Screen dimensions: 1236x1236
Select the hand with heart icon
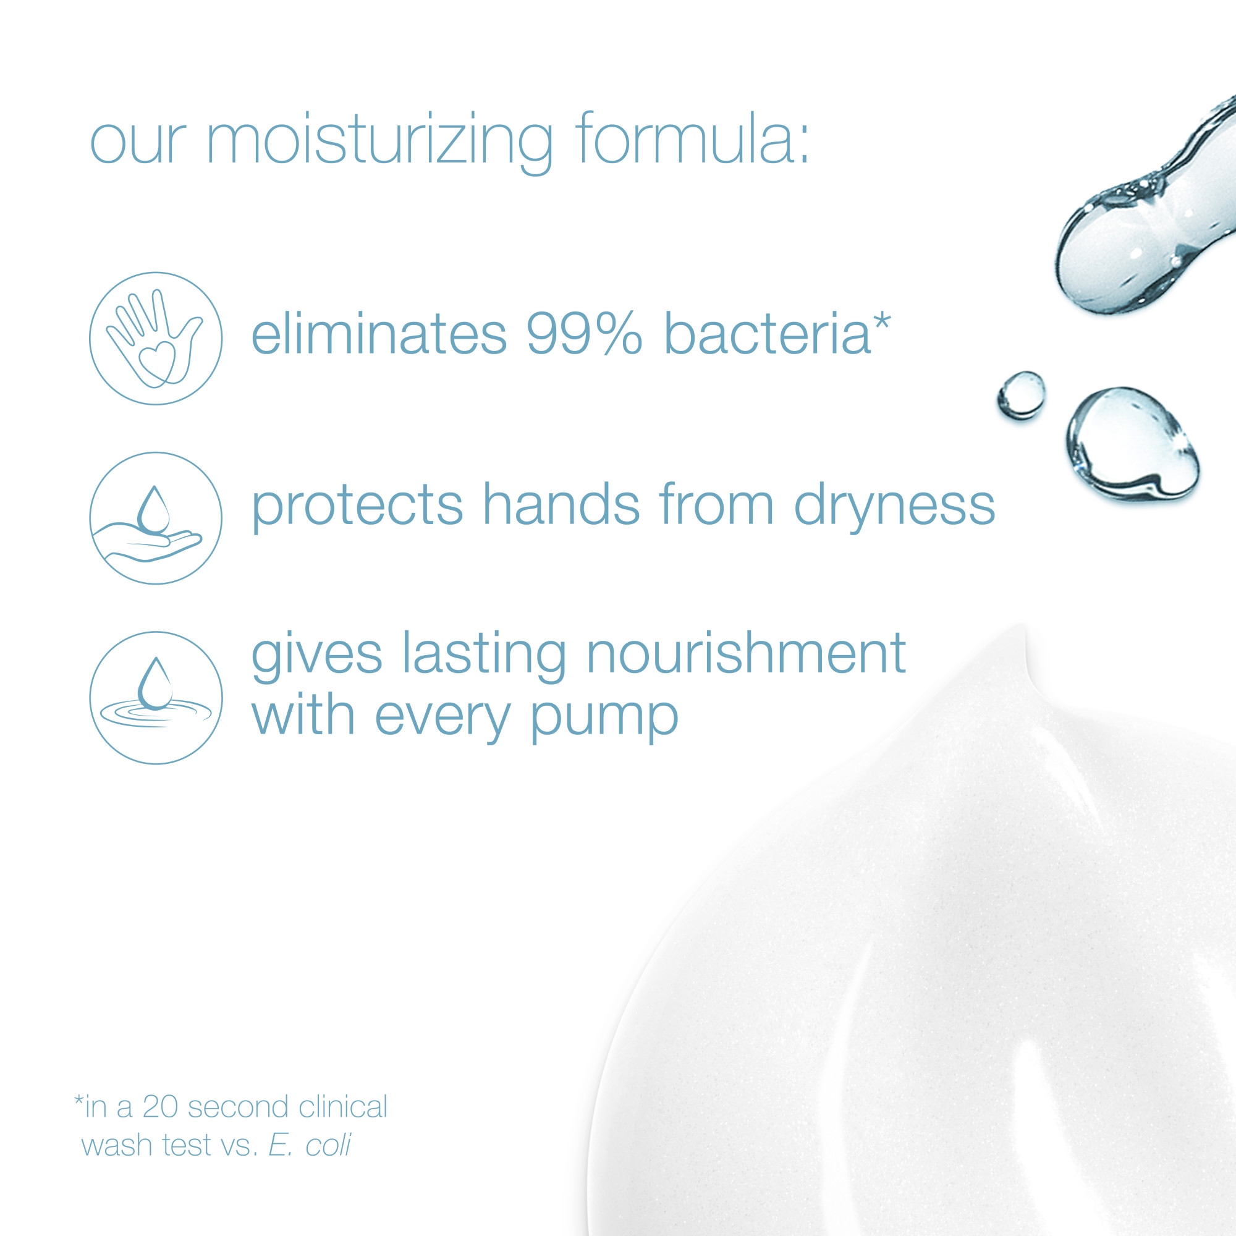(156, 339)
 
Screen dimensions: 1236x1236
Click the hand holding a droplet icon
(156, 519)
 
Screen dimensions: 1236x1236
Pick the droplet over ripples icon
(156, 698)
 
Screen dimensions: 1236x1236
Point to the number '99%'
(584, 333)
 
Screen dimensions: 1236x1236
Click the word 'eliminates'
(379, 332)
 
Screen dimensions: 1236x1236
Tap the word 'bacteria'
(767, 332)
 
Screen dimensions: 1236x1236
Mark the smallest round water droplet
(1021, 395)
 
